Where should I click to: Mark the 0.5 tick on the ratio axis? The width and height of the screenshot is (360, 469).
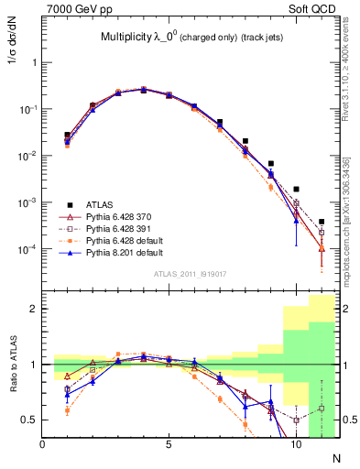[x=33, y=420]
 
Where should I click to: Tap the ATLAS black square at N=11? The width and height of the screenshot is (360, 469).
[x=322, y=222]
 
